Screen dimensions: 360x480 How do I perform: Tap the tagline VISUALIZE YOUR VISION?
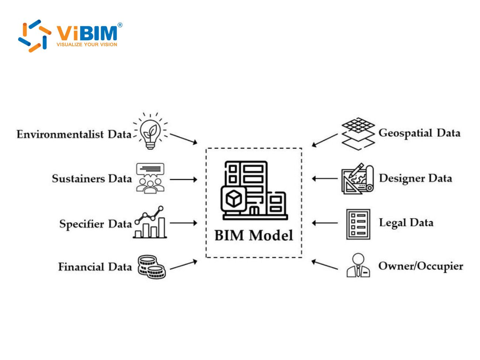pyautogui.click(x=87, y=45)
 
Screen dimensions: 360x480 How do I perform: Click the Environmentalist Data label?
pyautogui.click(x=74, y=134)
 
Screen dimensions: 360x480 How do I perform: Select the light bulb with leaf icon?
pyautogui.click(x=150, y=132)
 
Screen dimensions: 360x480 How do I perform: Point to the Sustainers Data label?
pyautogui.click(x=92, y=179)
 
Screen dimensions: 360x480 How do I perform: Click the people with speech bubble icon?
pyautogui.click(x=150, y=178)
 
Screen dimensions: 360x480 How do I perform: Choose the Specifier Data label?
pyautogui.click(x=95, y=224)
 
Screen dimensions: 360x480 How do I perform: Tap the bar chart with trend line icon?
pyautogui.click(x=150, y=222)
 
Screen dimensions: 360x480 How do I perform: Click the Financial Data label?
pyautogui.click(x=95, y=267)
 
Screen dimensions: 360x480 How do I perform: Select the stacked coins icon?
pyautogui.click(x=151, y=266)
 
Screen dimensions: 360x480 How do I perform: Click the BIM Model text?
pyautogui.click(x=254, y=235)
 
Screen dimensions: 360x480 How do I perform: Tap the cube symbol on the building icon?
pyautogui.click(x=233, y=199)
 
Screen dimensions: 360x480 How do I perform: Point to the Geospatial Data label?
pyautogui.click(x=419, y=133)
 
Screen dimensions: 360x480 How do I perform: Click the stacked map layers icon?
pyautogui.click(x=357, y=134)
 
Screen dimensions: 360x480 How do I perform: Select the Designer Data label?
pyautogui.click(x=415, y=178)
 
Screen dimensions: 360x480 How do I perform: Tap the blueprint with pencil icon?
pyautogui.click(x=357, y=179)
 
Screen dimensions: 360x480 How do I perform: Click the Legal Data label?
pyautogui.click(x=406, y=223)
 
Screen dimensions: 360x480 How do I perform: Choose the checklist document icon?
pyautogui.click(x=358, y=224)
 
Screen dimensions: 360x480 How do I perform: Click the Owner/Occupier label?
pyautogui.click(x=421, y=266)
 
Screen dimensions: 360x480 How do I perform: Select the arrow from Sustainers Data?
pyautogui.click(x=184, y=180)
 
